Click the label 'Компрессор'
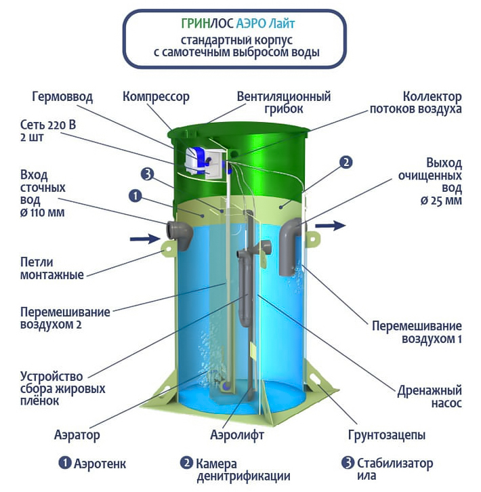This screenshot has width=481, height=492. (x=156, y=96)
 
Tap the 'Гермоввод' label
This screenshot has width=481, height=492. (x=62, y=97)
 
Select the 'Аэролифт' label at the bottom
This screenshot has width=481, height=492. (x=237, y=435)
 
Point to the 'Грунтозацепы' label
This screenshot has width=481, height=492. (x=387, y=435)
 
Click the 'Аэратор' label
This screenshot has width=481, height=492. (x=77, y=435)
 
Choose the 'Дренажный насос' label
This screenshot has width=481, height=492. (x=430, y=396)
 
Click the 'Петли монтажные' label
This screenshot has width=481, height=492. (x=52, y=268)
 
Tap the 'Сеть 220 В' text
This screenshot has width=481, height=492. (x=48, y=125)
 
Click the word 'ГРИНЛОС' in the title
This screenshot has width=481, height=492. (x=207, y=24)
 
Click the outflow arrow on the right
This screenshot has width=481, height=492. (x=331, y=225)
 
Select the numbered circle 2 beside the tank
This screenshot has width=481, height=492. (x=346, y=162)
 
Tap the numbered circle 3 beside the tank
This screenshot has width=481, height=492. (x=147, y=173)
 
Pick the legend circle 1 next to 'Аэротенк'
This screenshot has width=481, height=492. (x=65, y=463)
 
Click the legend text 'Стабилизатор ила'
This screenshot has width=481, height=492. (x=395, y=469)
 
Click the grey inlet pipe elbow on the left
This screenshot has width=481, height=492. (x=180, y=234)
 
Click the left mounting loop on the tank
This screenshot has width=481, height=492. (x=168, y=249)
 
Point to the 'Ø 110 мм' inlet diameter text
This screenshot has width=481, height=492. (x=43, y=213)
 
